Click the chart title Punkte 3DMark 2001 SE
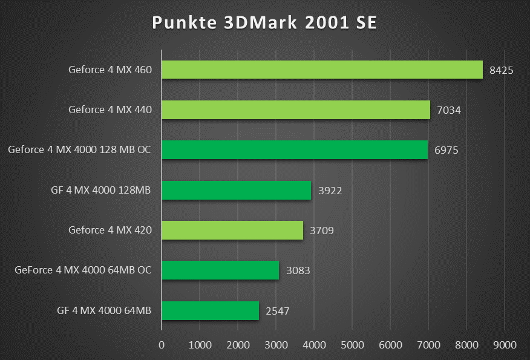click(x=264, y=22)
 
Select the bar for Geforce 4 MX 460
click(x=322, y=70)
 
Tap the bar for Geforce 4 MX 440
click(x=295, y=110)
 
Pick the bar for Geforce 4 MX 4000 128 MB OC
click(x=294, y=149)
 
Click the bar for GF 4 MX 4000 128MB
click(x=236, y=190)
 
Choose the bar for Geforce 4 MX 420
click(x=232, y=230)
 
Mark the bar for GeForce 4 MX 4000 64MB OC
click(x=220, y=270)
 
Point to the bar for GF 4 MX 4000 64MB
click(x=210, y=310)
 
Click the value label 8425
click(x=501, y=70)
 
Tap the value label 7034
click(x=448, y=110)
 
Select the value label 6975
click(x=446, y=150)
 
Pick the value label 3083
click(x=297, y=270)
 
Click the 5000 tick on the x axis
click(x=352, y=345)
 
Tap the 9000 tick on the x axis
click(x=505, y=345)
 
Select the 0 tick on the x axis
click(x=161, y=345)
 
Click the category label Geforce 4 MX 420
click(x=110, y=230)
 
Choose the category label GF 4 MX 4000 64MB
click(x=104, y=310)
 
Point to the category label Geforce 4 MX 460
click(x=110, y=70)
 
